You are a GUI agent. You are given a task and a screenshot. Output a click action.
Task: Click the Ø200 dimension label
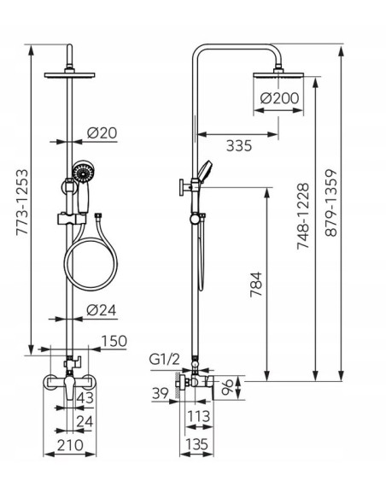click(279, 98)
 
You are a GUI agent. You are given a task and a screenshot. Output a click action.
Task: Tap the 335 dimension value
click(239, 146)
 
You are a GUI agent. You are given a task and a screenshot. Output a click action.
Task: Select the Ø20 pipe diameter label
click(102, 132)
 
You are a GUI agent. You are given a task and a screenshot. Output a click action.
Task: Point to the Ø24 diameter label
click(102, 310)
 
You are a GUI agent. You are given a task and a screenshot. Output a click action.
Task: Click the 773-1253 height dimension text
click(22, 203)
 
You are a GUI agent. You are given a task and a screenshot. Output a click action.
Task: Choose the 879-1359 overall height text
click(331, 203)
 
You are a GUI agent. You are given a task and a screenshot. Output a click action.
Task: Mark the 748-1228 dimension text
click(302, 216)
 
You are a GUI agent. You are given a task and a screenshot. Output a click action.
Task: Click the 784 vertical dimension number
click(256, 285)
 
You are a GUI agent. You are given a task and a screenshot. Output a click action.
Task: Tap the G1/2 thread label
click(164, 360)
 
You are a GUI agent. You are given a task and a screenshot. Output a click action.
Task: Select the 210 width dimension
click(70, 445)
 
